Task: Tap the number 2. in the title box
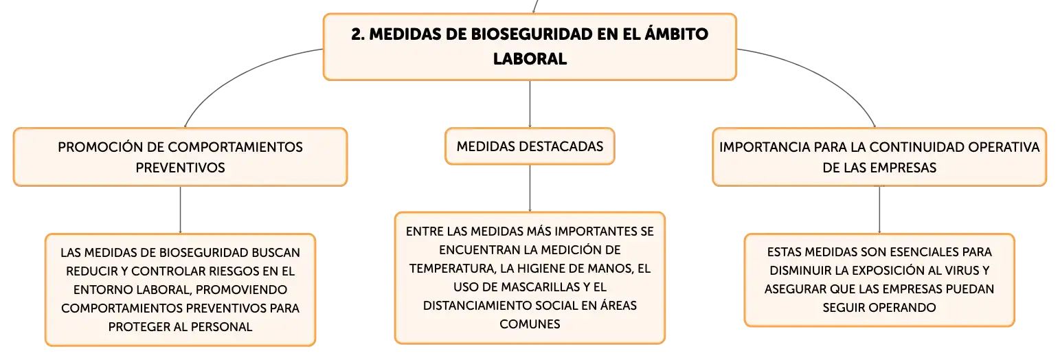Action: (x=358, y=34)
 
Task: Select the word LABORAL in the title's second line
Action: (x=530, y=59)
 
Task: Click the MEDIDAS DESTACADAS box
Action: (x=530, y=146)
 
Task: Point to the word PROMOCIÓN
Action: (x=100, y=147)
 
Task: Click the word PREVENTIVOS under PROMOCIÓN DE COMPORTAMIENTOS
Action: (x=180, y=168)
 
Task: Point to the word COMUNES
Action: (x=530, y=324)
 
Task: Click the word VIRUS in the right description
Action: (x=961, y=271)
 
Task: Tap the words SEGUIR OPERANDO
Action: (x=879, y=308)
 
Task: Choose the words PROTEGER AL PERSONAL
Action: (x=180, y=327)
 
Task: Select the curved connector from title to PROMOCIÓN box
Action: (x=236, y=76)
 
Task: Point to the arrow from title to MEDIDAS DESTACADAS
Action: (x=530, y=104)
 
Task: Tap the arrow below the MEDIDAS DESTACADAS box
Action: (x=530, y=188)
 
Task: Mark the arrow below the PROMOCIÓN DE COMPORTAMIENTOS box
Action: (x=180, y=210)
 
